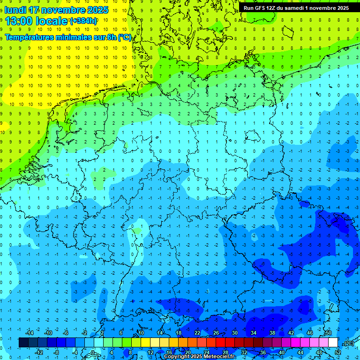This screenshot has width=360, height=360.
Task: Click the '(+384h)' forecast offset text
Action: [83, 21]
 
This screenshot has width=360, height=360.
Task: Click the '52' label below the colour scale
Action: [338, 352]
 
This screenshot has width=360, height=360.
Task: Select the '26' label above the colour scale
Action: [216, 333]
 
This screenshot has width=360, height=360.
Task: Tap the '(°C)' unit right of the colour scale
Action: [349, 343]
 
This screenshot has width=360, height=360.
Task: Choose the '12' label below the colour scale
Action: [150, 352]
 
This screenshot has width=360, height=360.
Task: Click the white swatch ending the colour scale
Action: [333, 343]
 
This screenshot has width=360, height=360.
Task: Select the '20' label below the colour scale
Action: [188, 352]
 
